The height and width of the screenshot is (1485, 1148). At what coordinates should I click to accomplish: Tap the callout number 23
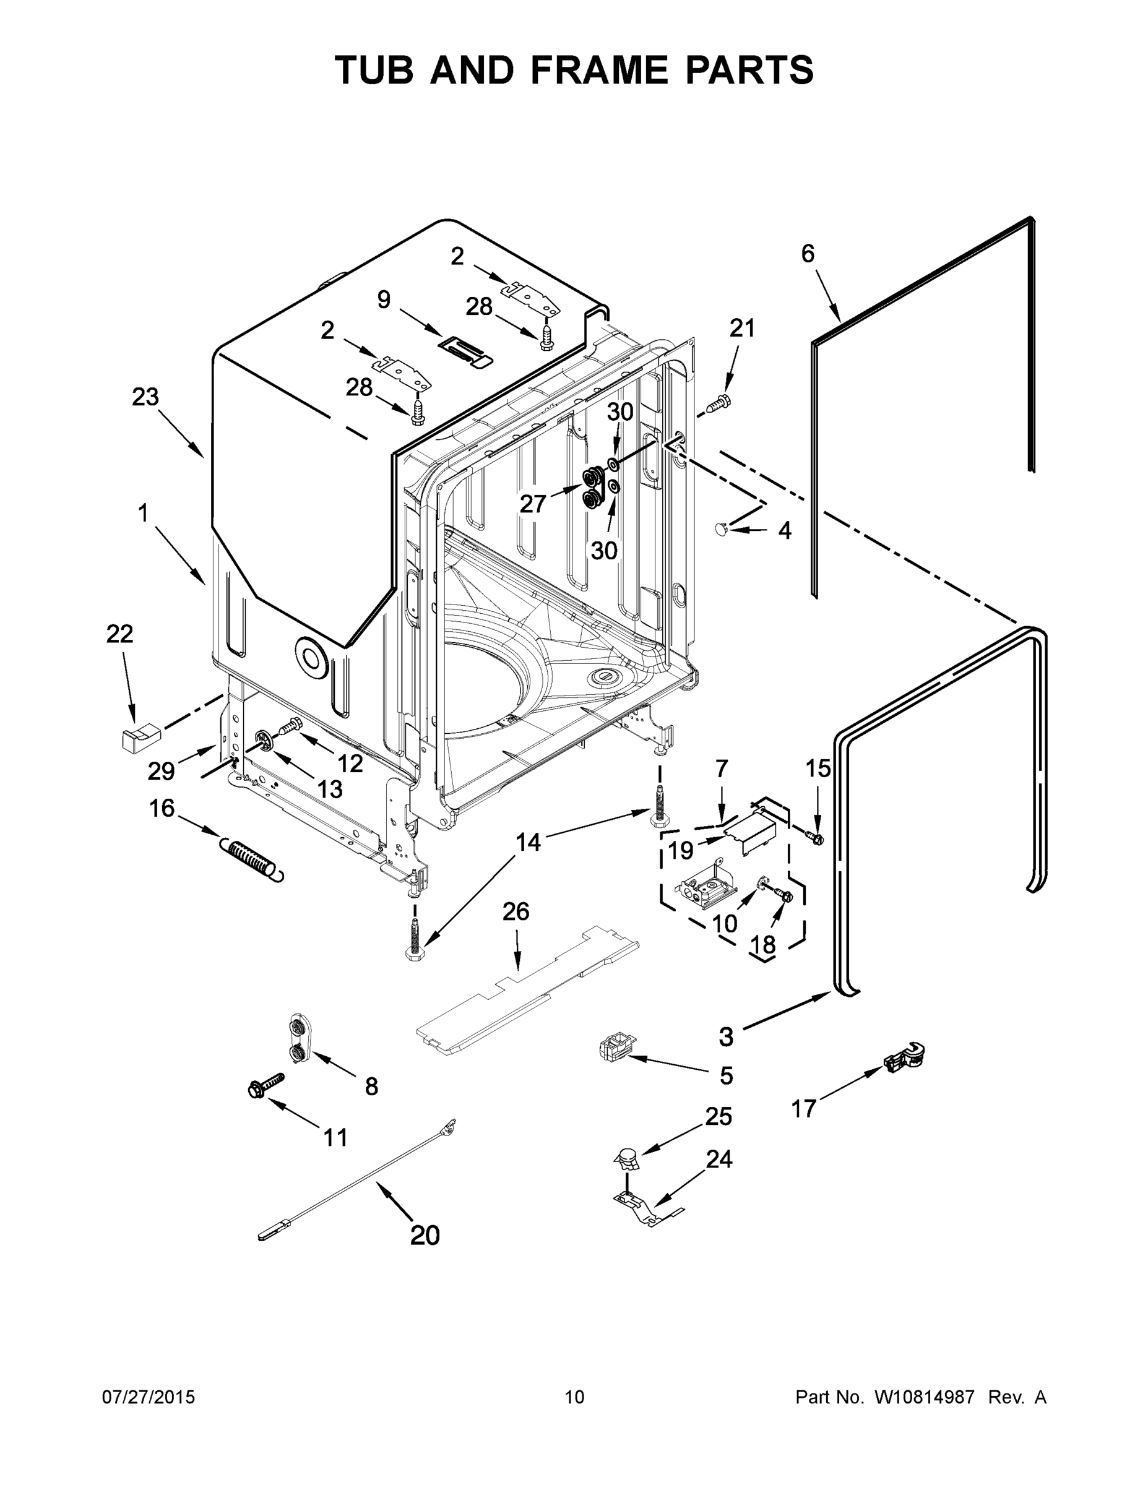pos(145,397)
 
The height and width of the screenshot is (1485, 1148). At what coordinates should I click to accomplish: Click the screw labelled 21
pos(718,405)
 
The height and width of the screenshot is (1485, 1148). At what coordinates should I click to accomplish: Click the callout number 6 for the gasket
pos(807,254)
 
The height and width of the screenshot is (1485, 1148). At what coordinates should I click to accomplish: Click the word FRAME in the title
pos(599,71)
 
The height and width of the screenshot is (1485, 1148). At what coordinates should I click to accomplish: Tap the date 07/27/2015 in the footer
pos(149,1397)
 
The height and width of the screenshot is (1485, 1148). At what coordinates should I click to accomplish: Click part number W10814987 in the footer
pos(924,1397)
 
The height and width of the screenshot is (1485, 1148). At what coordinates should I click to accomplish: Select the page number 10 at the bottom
pos(574,1397)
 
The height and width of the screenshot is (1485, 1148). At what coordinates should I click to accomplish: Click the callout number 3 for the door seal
pos(727,1037)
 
